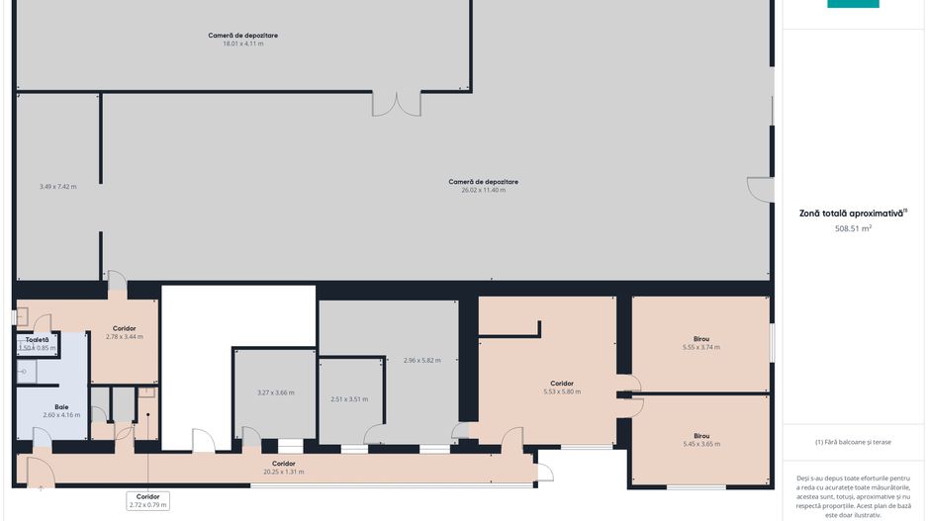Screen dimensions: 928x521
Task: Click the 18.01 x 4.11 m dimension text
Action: click(x=242, y=43)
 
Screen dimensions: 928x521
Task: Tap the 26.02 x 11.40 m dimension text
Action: click(x=484, y=191)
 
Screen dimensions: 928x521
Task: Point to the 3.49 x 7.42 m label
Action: click(x=58, y=187)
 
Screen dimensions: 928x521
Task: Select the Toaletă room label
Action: click(x=38, y=340)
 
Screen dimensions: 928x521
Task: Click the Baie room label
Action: click(x=61, y=407)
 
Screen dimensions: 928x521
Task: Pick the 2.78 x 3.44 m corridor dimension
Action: click(x=125, y=337)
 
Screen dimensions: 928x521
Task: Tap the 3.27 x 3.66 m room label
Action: click(x=276, y=392)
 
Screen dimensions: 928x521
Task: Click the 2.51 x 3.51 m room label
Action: click(x=349, y=399)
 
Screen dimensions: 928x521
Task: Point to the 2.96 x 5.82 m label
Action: click(x=422, y=361)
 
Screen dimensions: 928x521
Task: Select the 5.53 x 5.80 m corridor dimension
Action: click(x=562, y=392)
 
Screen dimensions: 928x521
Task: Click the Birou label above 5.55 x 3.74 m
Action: click(x=701, y=339)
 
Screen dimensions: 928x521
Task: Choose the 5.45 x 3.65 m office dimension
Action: click(x=701, y=444)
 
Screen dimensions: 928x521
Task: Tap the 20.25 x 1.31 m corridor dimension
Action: click(x=284, y=472)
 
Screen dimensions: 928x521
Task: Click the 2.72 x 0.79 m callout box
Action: click(x=148, y=501)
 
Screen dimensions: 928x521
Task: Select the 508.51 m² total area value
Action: click(x=853, y=228)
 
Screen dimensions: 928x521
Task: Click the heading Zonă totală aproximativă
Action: click(x=852, y=214)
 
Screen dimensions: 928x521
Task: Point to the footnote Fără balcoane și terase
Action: click(x=852, y=442)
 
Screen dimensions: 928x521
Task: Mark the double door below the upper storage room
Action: click(x=397, y=104)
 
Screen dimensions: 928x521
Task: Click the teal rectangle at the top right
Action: click(x=853, y=4)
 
